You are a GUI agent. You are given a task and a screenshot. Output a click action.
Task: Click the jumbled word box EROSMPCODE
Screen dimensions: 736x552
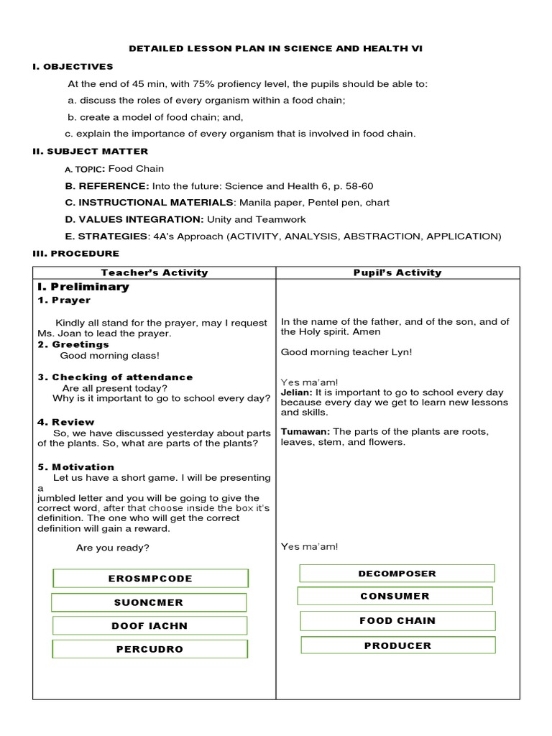coord(150,579)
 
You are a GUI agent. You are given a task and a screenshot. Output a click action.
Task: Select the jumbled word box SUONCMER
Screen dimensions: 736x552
coord(149,602)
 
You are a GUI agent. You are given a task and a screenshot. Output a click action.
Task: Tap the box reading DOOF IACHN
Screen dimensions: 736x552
coord(149,626)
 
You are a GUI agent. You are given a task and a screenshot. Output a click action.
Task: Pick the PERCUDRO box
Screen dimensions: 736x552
coord(149,649)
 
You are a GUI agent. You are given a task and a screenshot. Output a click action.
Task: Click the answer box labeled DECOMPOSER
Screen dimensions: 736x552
coord(397,574)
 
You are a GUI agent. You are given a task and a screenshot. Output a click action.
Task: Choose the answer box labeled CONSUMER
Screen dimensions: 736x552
coord(395,596)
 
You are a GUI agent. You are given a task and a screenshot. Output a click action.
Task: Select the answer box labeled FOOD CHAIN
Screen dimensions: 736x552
coord(397,620)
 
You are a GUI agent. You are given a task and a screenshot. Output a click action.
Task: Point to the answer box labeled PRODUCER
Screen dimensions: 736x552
coord(397,645)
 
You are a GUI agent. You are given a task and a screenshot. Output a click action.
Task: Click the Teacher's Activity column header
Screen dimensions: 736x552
coord(155,272)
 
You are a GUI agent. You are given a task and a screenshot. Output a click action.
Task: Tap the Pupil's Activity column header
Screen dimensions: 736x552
coord(397,272)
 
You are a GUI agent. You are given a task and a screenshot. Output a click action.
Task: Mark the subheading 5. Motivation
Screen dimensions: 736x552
coord(76,467)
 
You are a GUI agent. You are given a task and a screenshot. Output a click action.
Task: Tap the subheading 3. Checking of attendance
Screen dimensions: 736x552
coord(115,377)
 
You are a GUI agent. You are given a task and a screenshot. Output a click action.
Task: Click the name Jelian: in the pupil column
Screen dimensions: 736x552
coord(296,393)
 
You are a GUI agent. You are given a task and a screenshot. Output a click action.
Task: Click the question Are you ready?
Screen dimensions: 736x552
coord(113,548)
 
